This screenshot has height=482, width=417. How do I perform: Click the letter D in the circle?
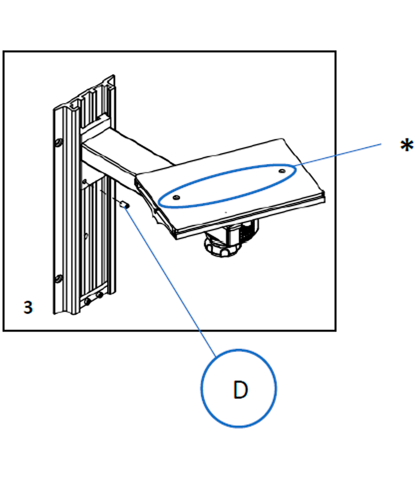[240, 390]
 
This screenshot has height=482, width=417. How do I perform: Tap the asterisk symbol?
[407, 145]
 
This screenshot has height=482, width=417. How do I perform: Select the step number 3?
[28, 307]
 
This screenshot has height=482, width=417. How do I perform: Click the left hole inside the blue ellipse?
[176, 197]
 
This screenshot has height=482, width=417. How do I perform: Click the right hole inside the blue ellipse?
[282, 171]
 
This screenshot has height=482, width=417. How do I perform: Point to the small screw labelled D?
[124, 204]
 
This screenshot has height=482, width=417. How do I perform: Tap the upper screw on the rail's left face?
[58, 143]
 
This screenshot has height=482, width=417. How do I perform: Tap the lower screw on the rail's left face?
[58, 279]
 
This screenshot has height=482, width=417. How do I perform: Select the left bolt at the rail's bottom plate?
[88, 301]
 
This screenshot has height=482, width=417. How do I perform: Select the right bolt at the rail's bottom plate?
[99, 296]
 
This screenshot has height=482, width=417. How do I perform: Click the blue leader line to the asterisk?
[339, 154]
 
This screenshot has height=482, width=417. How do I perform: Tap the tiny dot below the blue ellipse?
[226, 212]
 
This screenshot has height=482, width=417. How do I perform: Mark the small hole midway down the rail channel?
[86, 236]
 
